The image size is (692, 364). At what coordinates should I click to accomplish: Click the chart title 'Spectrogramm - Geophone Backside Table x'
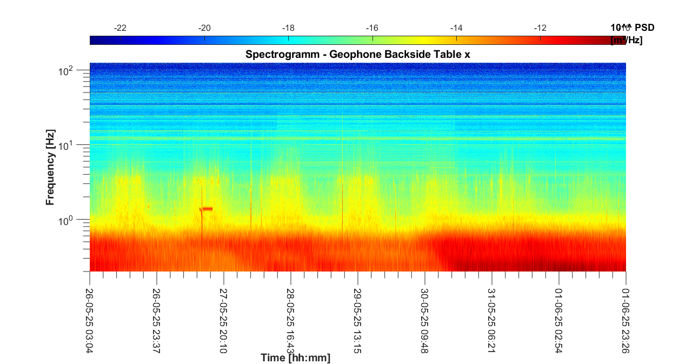(x=357, y=54)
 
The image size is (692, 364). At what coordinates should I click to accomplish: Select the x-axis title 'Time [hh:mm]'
(x=295, y=358)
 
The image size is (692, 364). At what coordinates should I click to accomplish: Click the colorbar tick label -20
(x=204, y=28)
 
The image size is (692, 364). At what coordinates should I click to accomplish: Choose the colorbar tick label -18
(x=288, y=28)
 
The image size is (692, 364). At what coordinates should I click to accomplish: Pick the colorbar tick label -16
(x=372, y=28)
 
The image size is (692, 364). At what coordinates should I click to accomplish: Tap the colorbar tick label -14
(x=456, y=28)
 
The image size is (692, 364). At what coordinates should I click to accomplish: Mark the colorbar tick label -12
(x=540, y=28)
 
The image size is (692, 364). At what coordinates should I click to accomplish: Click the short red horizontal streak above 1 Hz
(x=207, y=209)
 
